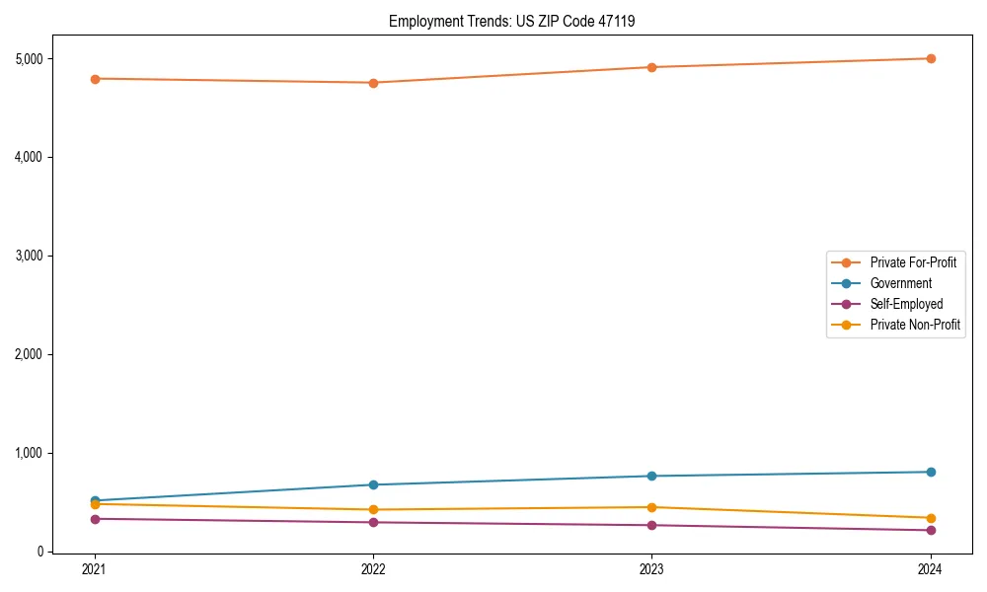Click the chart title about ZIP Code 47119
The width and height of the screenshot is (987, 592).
(x=518, y=21)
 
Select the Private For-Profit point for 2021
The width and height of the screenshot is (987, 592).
(x=95, y=79)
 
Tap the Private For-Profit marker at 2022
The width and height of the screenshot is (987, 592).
(x=373, y=83)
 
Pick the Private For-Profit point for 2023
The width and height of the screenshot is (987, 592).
(x=651, y=67)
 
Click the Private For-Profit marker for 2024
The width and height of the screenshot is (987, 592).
(x=931, y=58)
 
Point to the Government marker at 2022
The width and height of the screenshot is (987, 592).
(x=373, y=484)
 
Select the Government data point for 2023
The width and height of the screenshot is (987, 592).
(x=651, y=476)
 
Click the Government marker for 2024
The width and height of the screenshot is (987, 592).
(x=931, y=472)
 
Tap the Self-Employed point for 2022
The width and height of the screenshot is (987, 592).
(x=373, y=522)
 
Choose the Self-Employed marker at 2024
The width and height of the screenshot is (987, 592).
(x=931, y=530)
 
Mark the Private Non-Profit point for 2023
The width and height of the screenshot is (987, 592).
(x=651, y=507)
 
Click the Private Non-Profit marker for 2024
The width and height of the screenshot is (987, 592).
(x=931, y=518)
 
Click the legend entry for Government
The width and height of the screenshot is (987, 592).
(x=900, y=283)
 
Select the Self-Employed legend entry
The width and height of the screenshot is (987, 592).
(x=906, y=304)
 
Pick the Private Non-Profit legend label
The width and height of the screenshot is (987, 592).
(x=915, y=325)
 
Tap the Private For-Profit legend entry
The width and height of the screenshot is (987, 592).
(x=913, y=262)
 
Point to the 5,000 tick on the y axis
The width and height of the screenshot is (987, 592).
(x=31, y=59)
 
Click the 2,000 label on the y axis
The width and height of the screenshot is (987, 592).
(x=31, y=354)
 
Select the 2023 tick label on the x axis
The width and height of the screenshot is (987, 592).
(x=651, y=568)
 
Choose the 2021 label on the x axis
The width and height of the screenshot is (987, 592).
(x=95, y=568)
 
